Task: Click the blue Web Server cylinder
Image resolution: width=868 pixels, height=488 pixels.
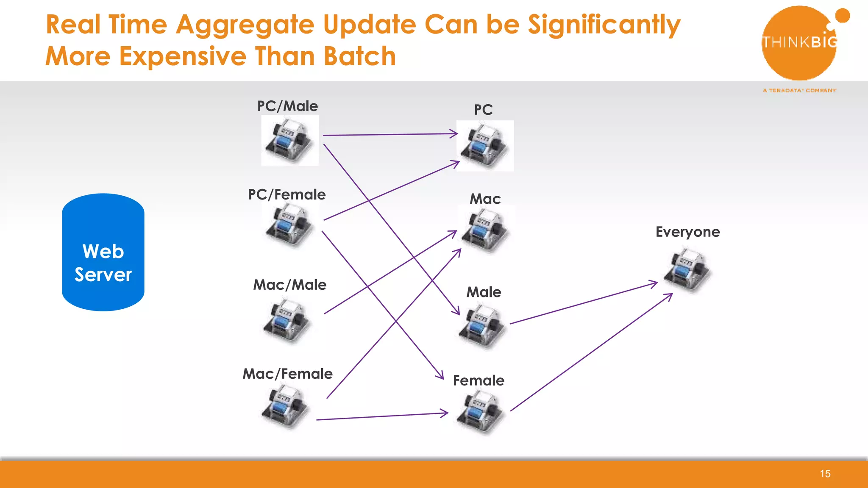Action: [103, 252]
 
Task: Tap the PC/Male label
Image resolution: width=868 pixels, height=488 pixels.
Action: [287, 106]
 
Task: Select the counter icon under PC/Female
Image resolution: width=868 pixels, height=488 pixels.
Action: [289, 225]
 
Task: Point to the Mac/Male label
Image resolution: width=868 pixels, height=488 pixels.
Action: [290, 285]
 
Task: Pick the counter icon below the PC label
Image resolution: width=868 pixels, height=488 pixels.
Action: [485, 145]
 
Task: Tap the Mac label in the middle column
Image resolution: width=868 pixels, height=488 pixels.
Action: [485, 199]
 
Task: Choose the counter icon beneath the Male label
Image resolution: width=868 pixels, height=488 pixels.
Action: [482, 326]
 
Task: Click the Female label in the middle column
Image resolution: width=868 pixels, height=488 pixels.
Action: [479, 380]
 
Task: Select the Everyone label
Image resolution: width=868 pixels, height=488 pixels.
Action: [687, 232]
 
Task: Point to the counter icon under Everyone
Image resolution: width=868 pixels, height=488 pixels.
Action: [687, 270]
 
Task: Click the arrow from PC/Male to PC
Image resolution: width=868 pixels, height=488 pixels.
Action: [390, 135]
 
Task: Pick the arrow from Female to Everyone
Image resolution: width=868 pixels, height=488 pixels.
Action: [591, 352]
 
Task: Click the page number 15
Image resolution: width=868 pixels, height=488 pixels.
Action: [825, 474]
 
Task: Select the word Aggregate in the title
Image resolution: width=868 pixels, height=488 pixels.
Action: [245, 25]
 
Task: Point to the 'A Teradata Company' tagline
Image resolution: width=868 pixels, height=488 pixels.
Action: [799, 90]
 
